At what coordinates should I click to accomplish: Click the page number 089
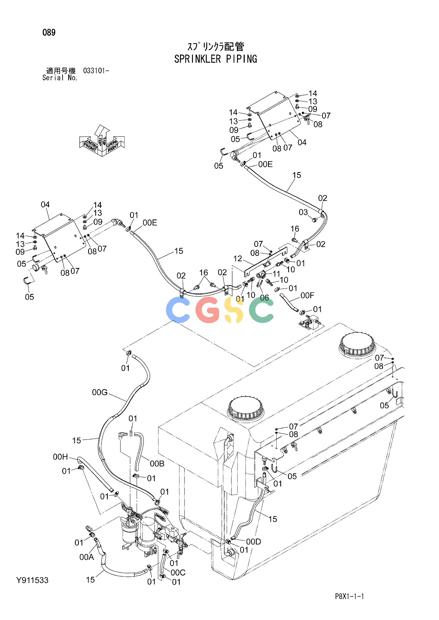point(49,33)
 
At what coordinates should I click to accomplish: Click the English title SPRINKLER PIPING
point(216,59)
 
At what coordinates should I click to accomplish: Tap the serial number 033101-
point(96,71)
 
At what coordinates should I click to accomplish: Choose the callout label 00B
point(157,464)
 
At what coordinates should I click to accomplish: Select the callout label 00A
point(87,557)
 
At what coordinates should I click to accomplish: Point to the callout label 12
point(238,259)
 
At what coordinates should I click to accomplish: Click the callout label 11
point(276,274)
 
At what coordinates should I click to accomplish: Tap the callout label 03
point(303,212)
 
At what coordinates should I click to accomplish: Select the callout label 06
point(264,298)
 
